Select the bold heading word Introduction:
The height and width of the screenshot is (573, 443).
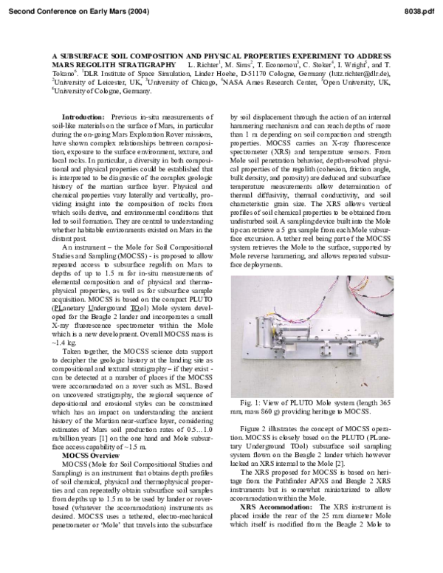(x=83, y=117)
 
